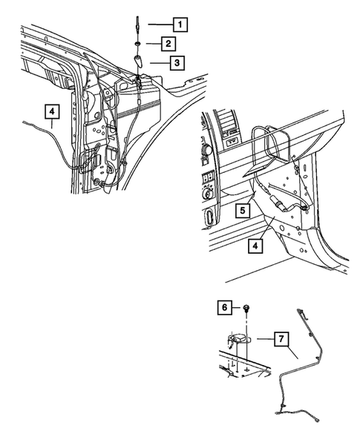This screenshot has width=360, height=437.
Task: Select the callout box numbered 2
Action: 171,43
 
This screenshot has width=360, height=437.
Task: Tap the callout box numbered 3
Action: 175,63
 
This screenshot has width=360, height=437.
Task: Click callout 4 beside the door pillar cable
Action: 51,113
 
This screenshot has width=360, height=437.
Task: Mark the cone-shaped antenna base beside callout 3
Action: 140,61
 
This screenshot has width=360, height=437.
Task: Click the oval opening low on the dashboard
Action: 209,217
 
